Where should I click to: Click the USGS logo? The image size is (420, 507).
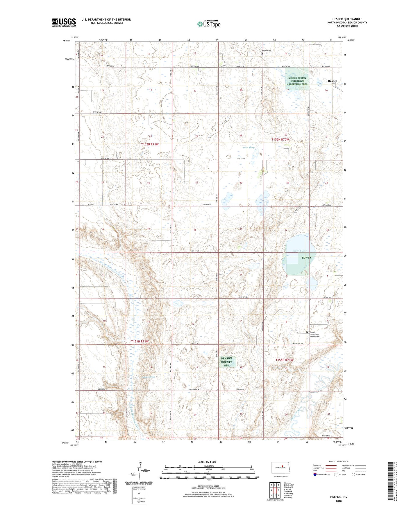coord(64,22)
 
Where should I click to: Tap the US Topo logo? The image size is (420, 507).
coord(209,24)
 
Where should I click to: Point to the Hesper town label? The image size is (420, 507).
coord(332,81)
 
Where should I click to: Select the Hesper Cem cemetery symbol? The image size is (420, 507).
coord(262,53)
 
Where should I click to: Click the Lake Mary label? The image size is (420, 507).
coord(249,148)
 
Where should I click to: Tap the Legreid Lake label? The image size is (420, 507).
coord(299,251)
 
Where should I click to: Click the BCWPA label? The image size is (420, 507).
coord(306,258)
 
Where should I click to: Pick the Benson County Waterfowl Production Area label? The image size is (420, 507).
coord(297,81)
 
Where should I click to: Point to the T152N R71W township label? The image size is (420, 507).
coord(150,144)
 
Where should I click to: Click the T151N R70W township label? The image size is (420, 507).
coord(284,360)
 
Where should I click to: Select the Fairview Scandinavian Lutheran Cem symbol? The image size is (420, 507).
coord(306,332)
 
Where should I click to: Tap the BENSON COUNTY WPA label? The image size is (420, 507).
coord(226,362)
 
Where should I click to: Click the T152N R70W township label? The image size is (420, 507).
coord(280,139)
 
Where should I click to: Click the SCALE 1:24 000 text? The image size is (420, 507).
coord(207,462)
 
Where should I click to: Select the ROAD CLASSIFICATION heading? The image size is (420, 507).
coord(339,461)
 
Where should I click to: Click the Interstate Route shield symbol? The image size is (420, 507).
coord(315,474)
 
